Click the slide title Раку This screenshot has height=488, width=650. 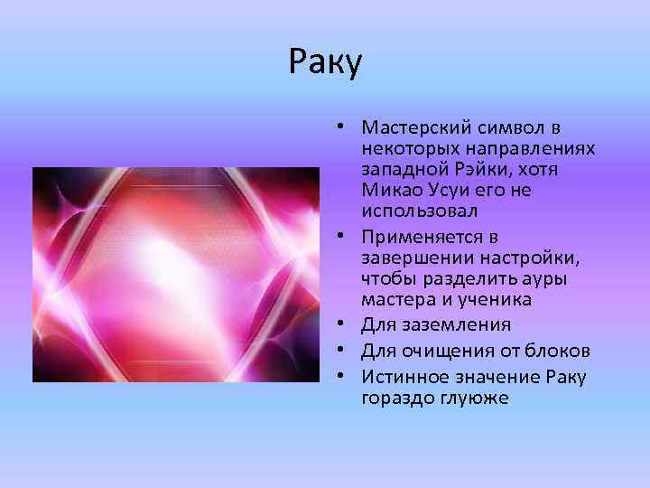coord(325,62)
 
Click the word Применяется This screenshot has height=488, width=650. coord(413,238)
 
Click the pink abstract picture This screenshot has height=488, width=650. coord(176,274)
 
